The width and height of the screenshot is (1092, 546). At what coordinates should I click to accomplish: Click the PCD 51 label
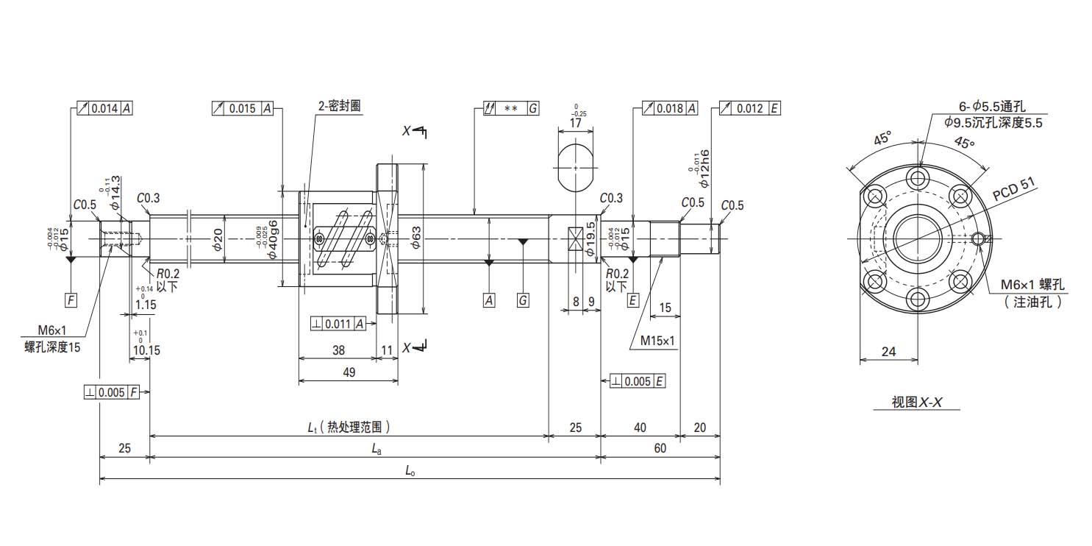click(x=1013, y=189)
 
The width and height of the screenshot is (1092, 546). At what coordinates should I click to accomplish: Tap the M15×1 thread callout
click(x=657, y=341)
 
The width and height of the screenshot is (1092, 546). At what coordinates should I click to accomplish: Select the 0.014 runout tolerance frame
click(x=105, y=108)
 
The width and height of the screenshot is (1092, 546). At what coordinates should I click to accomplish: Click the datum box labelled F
click(x=71, y=300)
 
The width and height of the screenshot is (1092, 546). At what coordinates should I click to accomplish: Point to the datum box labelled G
click(x=523, y=300)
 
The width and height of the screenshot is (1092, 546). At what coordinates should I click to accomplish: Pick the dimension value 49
click(x=349, y=372)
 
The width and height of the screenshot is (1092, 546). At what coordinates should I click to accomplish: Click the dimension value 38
click(x=339, y=350)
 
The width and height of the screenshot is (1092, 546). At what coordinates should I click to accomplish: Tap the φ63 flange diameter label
click(x=415, y=238)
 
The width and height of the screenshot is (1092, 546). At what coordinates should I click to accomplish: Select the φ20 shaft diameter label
click(x=218, y=240)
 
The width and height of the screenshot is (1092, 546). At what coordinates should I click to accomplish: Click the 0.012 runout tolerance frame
click(x=750, y=108)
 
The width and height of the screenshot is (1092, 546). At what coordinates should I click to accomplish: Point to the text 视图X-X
click(x=916, y=402)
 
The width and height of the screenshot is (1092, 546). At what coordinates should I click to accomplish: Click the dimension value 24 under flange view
click(x=889, y=351)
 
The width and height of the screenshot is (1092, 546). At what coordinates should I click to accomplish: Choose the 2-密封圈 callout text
click(x=340, y=106)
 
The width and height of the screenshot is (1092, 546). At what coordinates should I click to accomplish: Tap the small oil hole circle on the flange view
click(x=979, y=238)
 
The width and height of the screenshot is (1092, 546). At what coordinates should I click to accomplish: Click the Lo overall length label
click(x=410, y=471)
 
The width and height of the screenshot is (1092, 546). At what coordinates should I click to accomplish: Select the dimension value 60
click(x=660, y=448)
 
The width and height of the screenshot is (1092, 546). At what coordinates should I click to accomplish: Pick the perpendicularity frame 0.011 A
click(x=338, y=324)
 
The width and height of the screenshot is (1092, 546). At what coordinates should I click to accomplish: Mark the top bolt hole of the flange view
click(x=918, y=177)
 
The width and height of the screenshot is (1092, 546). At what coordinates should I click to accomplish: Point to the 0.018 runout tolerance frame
click(x=670, y=108)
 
